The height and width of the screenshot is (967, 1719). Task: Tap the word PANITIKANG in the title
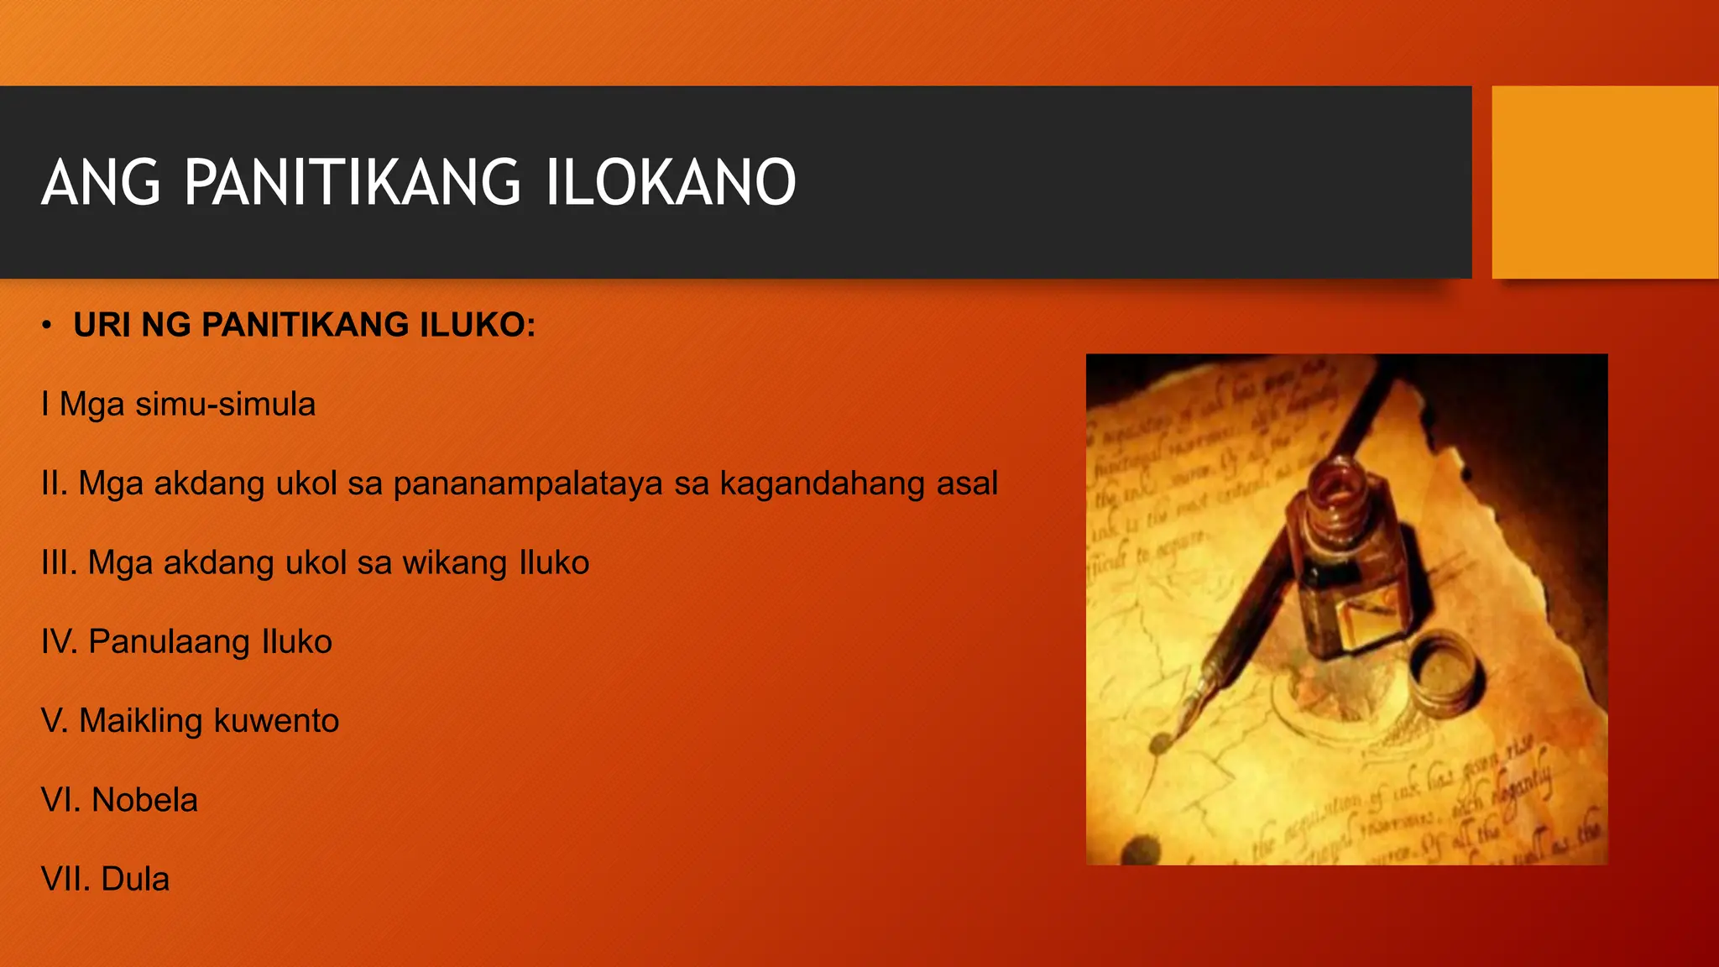tap(353, 182)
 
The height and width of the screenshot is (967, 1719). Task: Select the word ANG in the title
tap(101, 182)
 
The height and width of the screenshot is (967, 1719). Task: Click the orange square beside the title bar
tap(1605, 182)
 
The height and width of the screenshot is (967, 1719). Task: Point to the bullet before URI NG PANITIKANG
tap(47, 326)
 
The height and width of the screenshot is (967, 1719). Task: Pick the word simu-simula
tap(225, 405)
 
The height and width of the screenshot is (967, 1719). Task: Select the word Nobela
tap(144, 801)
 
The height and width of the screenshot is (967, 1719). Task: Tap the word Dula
tap(135, 880)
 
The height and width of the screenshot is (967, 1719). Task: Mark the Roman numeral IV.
tap(59, 642)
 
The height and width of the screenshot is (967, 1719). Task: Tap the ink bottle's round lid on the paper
tap(1442, 672)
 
